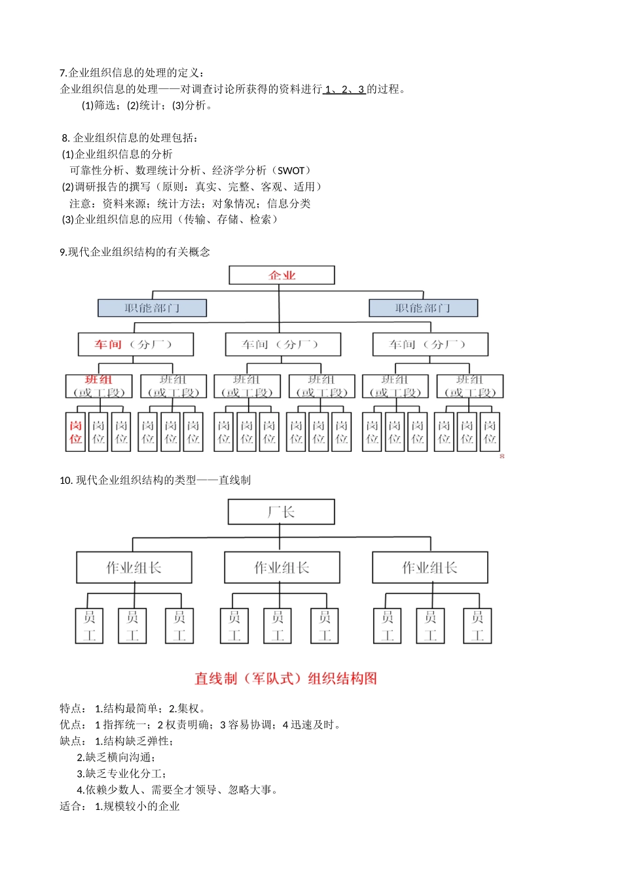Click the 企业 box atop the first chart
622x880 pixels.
click(282, 275)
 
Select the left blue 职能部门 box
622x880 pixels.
click(152, 308)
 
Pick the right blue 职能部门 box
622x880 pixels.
click(423, 308)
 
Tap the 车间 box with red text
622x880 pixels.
click(136, 344)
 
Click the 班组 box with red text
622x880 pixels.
click(99, 386)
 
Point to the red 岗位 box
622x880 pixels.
click(76, 432)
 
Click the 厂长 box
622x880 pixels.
click(281, 512)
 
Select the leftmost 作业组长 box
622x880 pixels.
click(134, 568)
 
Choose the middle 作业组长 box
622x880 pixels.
click(282, 568)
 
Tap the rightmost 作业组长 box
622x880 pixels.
click(430, 568)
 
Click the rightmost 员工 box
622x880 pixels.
click(477, 626)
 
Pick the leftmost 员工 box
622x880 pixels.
click(90, 626)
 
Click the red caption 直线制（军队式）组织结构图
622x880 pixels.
click(285, 678)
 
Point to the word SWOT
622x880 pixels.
click(291, 171)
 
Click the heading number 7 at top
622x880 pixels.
click(62, 73)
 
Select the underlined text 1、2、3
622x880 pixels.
click(344, 90)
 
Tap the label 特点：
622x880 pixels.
click(73, 708)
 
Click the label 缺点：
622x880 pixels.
click(73, 741)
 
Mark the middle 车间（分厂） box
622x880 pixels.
click(282, 344)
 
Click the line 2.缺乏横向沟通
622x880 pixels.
click(116, 758)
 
